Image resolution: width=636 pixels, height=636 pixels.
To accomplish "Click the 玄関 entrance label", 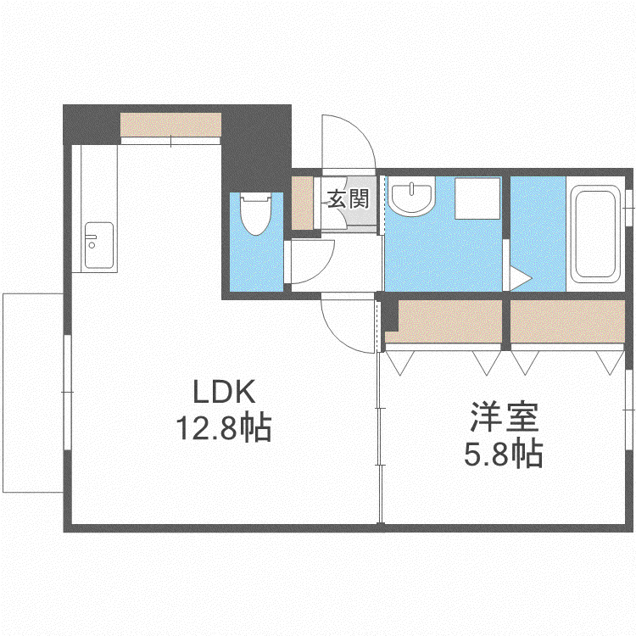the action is tap(348, 198).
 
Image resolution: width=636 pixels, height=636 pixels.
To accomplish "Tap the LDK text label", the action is tap(225, 392).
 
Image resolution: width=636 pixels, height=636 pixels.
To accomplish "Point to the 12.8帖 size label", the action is tap(224, 428).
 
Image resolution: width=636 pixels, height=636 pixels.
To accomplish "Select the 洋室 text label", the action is tap(505, 417).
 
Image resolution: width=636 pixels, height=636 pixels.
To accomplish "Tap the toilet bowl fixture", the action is tap(255, 214).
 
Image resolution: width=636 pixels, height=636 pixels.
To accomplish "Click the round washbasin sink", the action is tap(411, 196).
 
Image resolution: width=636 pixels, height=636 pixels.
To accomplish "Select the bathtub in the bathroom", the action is tap(595, 234).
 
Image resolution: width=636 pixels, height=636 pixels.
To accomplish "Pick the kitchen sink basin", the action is tap(99, 245).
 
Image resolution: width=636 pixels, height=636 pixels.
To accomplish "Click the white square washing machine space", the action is tap(477, 198).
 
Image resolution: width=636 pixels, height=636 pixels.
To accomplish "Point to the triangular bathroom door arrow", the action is tap(520, 278).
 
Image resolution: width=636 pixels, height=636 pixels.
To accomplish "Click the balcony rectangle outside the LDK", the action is tap(33, 393).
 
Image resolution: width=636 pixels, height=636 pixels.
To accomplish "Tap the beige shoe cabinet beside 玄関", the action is tap(303, 203).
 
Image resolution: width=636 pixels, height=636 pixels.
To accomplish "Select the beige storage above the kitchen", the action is tap(170, 124).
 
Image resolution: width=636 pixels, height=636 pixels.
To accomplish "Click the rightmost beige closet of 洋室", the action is tap(567, 321).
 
